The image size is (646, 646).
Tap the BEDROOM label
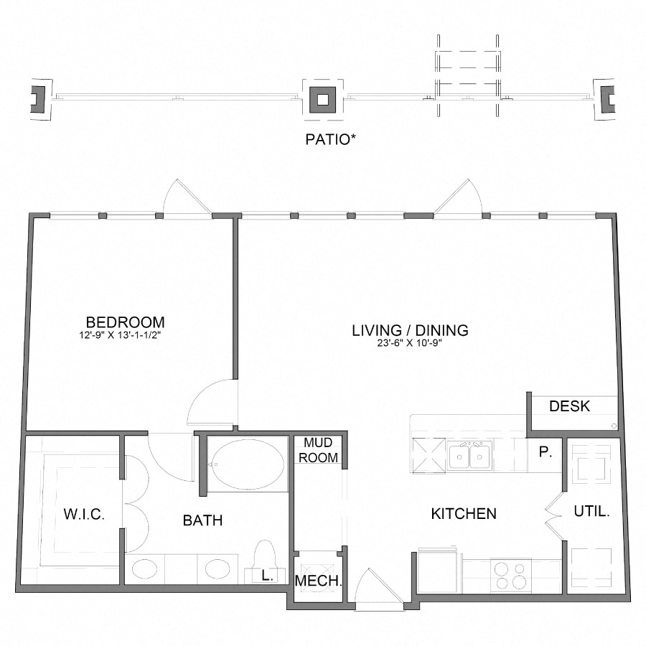pos(125,322)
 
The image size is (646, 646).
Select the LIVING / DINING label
pos(410,330)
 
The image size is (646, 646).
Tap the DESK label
pos(569,406)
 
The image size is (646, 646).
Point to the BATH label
pos(202,520)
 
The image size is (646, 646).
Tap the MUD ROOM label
pos(318,450)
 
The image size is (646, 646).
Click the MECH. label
pos(318,581)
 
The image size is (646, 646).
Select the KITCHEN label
pos(464,514)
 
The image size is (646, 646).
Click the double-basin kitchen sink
pos(469,457)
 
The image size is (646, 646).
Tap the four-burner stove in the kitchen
pos(510,574)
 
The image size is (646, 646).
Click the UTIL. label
pos(592,512)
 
